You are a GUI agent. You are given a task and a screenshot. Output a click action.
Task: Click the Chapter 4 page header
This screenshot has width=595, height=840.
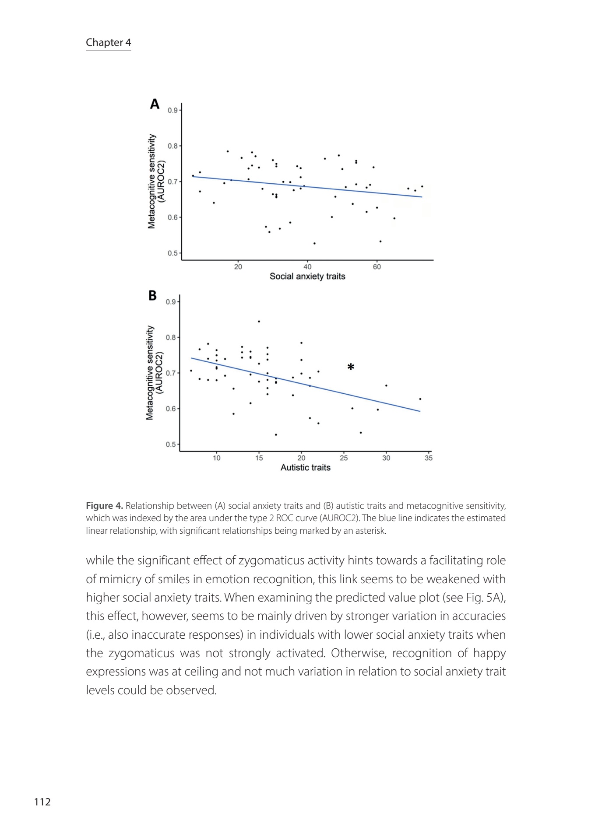pyautogui.click(x=108, y=42)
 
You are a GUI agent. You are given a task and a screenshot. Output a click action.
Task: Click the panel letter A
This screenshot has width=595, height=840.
pyautogui.click(x=155, y=104)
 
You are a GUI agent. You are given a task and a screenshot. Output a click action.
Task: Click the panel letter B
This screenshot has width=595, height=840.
pyautogui.click(x=152, y=296)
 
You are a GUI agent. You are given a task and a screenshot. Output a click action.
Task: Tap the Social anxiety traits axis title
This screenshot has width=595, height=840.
pyautogui.click(x=307, y=276)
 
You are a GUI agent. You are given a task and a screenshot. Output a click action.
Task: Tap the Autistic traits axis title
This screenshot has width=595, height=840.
pyautogui.click(x=305, y=467)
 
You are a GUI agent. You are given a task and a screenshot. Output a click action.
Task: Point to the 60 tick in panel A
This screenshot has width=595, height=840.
pyautogui.click(x=377, y=267)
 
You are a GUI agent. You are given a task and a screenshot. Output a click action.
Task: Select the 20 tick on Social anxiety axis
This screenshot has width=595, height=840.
pyautogui.click(x=238, y=267)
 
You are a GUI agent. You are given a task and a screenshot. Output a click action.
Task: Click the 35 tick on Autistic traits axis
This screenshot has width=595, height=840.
pyautogui.click(x=429, y=458)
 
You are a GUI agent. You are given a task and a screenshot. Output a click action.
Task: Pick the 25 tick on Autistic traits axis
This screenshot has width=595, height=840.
pyautogui.click(x=344, y=458)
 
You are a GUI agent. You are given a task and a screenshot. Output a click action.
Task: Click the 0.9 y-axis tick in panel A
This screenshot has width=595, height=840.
pyautogui.click(x=173, y=110)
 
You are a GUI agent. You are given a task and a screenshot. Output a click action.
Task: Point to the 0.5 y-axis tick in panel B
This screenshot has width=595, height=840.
pyautogui.click(x=171, y=444)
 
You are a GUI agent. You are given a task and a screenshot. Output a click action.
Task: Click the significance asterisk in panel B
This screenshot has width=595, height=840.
pyautogui.click(x=351, y=367)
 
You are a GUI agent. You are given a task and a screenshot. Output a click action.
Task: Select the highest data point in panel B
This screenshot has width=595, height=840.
pyautogui.click(x=259, y=322)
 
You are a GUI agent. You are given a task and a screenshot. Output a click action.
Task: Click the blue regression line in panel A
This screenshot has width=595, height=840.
pyautogui.click(x=306, y=187)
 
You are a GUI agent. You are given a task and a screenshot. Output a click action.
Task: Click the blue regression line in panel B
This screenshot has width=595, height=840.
pyautogui.click(x=306, y=385)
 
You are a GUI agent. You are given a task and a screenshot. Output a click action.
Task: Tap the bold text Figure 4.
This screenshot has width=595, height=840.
pyautogui.click(x=104, y=506)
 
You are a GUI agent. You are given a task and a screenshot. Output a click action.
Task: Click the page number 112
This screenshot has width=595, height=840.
pyautogui.click(x=42, y=802)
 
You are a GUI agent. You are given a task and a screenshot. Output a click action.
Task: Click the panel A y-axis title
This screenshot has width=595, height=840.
pyautogui.click(x=156, y=181)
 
